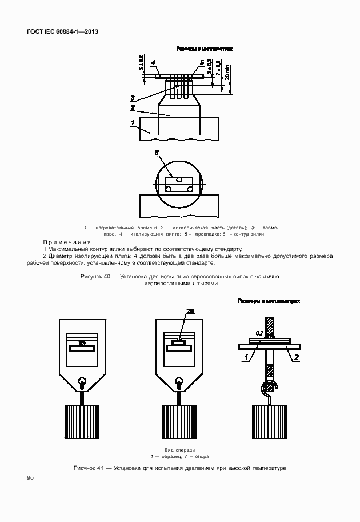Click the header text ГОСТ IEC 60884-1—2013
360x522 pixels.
(62, 32)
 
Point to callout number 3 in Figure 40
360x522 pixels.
(132, 97)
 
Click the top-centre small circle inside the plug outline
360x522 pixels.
(179, 179)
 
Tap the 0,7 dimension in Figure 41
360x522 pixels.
(259, 333)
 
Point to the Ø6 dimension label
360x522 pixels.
(190, 312)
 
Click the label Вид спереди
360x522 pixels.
(179, 450)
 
